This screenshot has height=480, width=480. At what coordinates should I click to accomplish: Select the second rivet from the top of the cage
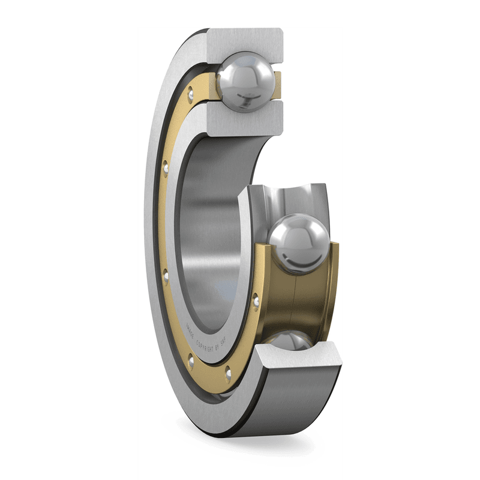(166, 167)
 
